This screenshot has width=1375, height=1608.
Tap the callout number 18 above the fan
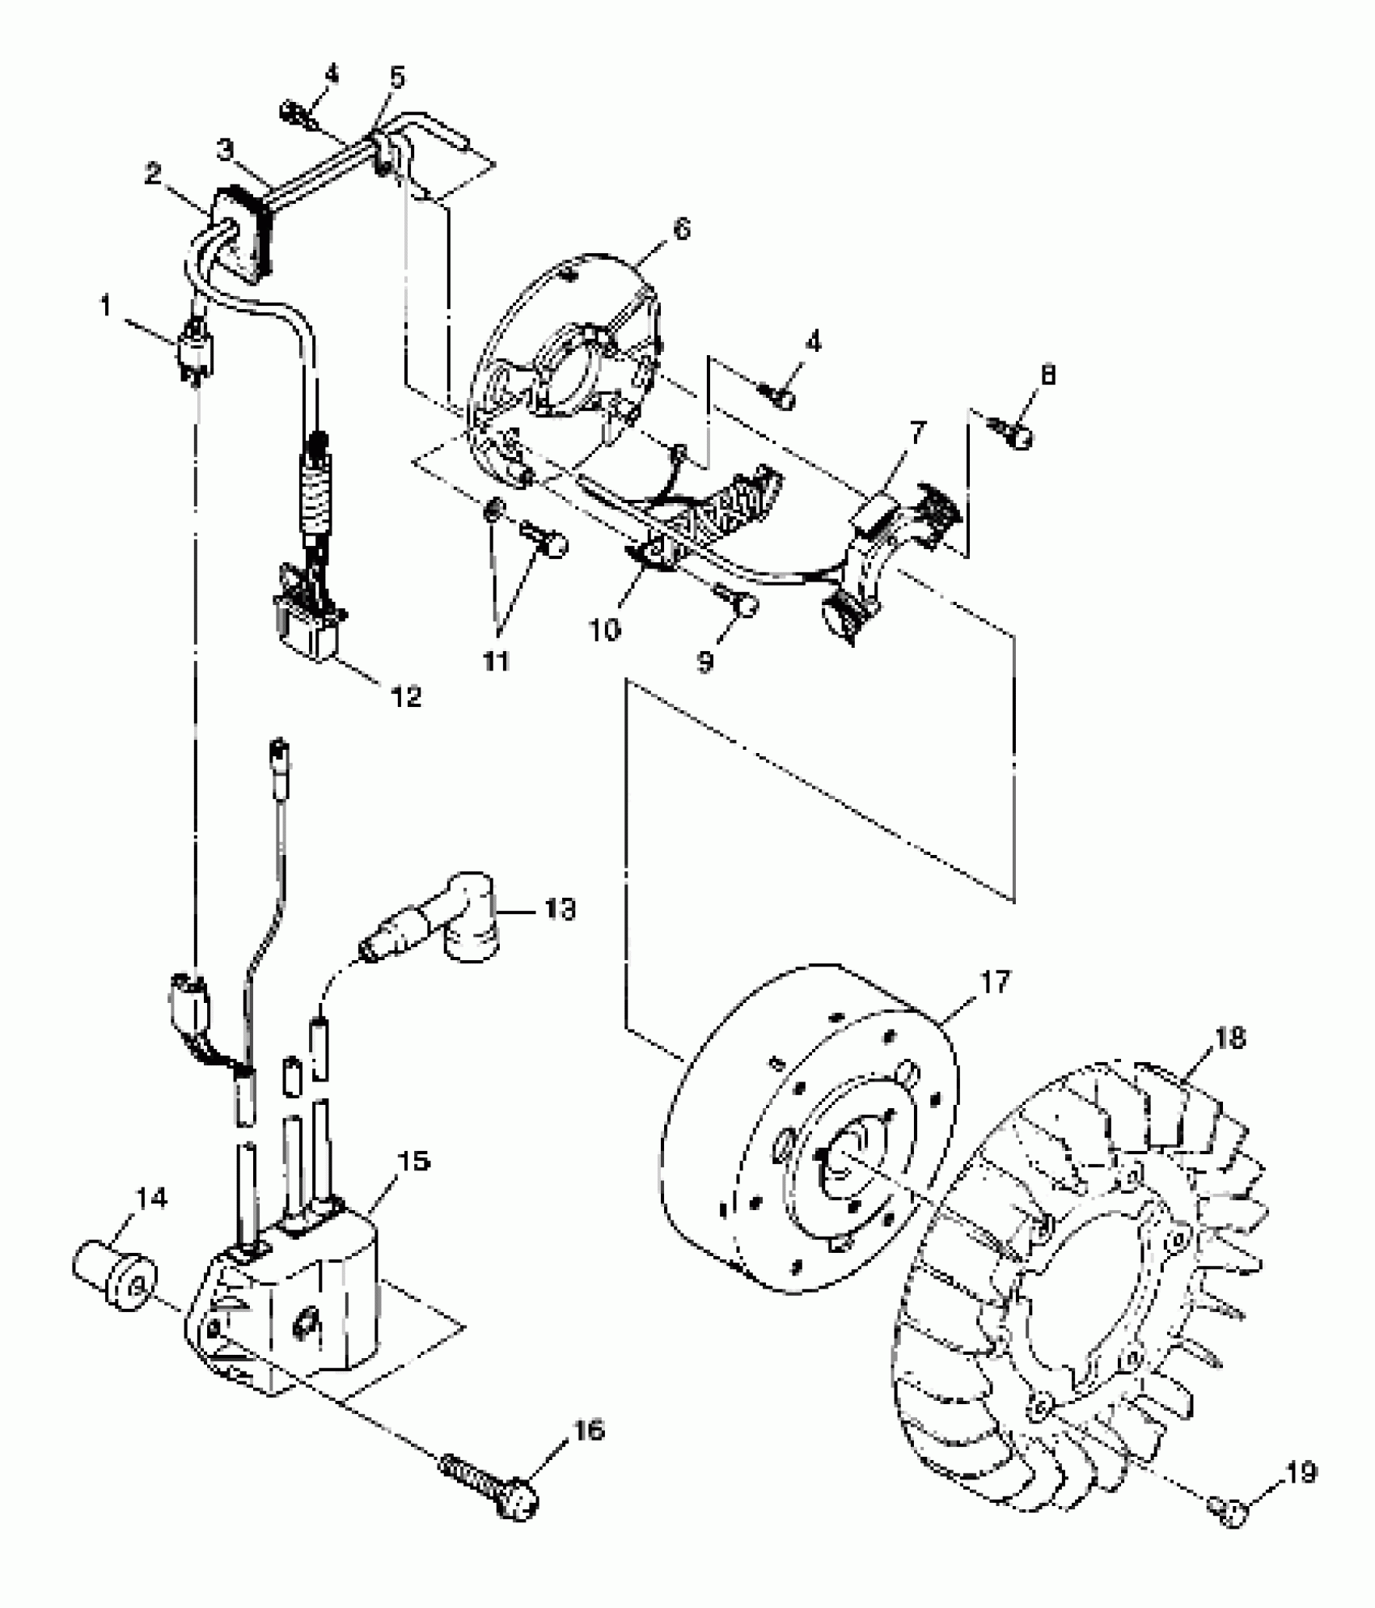(x=1229, y=1038)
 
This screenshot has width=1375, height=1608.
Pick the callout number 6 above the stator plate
(x=681, y=231)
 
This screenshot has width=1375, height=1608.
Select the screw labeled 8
(x=1017, y=437)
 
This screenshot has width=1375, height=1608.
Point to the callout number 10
(x=603, y=628)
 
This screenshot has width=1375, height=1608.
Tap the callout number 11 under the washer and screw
(x=495, y=661)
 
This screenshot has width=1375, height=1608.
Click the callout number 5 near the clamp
(x=396, y=78)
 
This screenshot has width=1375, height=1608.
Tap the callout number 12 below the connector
(x=407, y=696)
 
